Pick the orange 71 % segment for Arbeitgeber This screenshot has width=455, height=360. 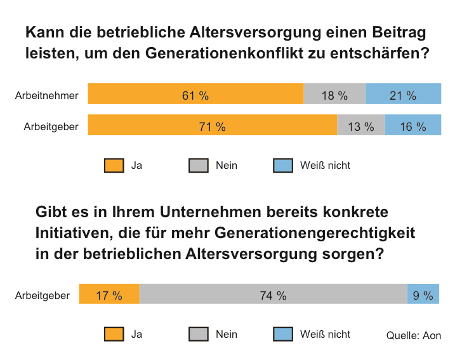(212, 125)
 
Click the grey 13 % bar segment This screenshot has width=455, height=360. (360, 125)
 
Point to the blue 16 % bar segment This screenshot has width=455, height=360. (412, 125)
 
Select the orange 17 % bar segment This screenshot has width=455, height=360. (109, 295)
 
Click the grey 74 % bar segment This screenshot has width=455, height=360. (273, 295)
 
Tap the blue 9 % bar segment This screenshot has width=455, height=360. (423, 295)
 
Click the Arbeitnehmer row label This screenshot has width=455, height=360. (46, 96)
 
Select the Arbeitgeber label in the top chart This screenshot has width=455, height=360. (51, 126)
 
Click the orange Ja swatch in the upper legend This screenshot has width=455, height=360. (114, 166)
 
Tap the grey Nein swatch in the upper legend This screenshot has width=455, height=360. (199, 166)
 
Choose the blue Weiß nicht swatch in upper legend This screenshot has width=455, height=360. (283, 166)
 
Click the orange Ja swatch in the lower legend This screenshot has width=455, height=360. (114, 335)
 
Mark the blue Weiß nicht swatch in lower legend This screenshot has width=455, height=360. (283, 335)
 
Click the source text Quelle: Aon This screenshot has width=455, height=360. (413, 335)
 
